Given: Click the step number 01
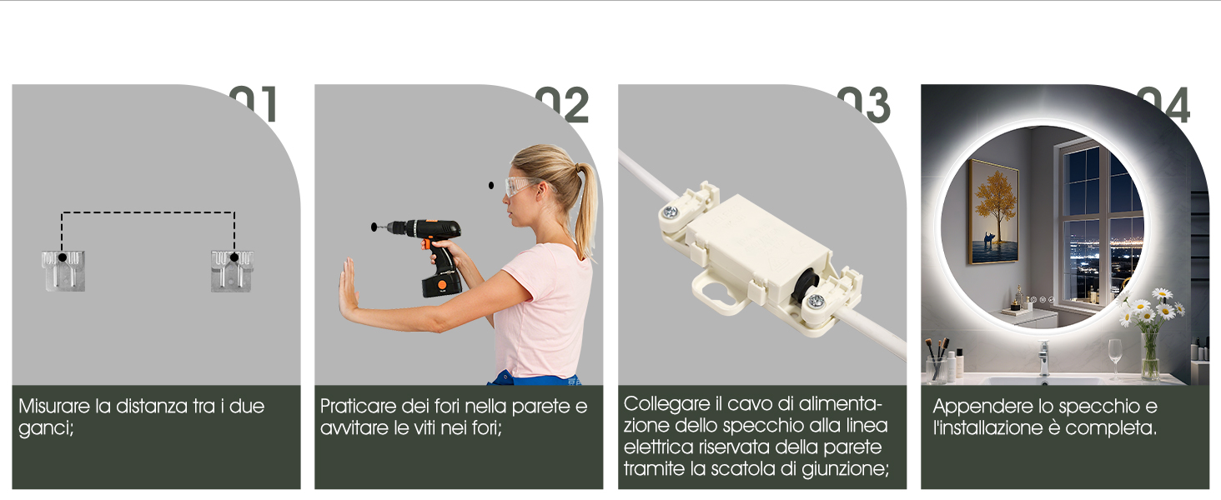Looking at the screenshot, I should [x=254, y=105].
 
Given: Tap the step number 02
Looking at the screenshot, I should [x=562, y=105].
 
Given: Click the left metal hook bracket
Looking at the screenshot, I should [x=63, y=271].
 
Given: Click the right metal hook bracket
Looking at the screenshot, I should [x=233, y=271].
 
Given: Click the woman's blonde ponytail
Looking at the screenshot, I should [x=586, y=208].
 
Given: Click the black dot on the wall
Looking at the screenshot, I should [x=490, y=185].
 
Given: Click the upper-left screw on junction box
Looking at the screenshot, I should [x=670, y=213].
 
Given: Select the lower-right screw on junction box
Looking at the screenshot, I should [x=815, y=305].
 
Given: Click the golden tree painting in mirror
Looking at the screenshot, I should [x=993, y=212].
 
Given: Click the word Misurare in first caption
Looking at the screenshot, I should [x=54, y=407].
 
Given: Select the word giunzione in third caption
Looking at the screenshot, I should [x=843, y=469].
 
